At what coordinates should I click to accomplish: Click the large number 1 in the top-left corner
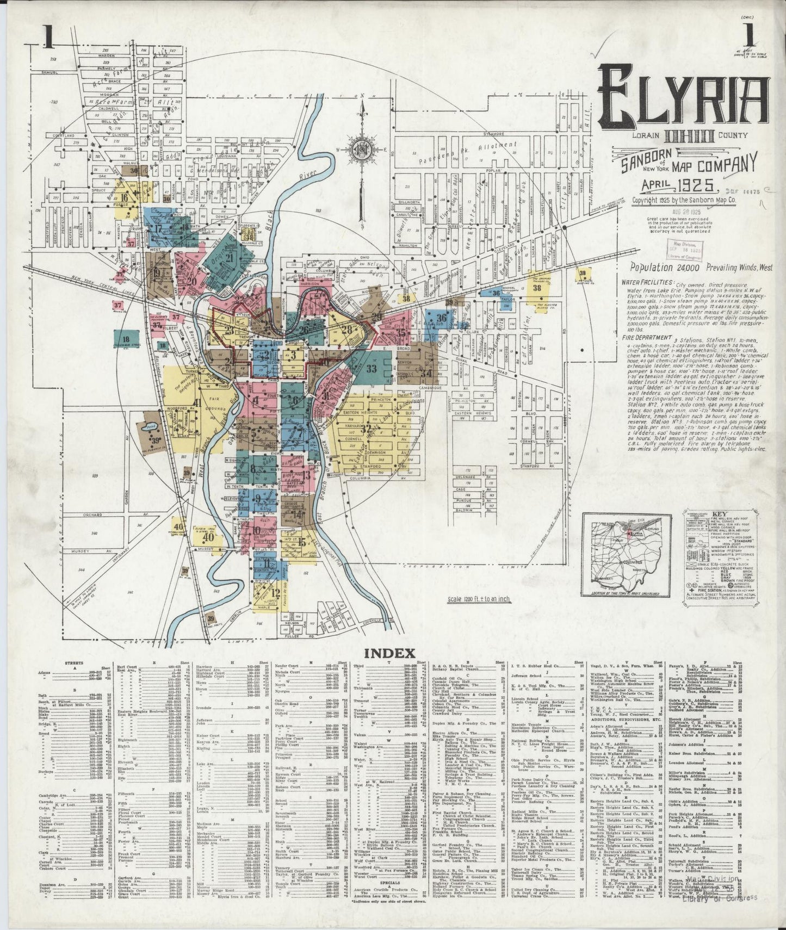point(48,39)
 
